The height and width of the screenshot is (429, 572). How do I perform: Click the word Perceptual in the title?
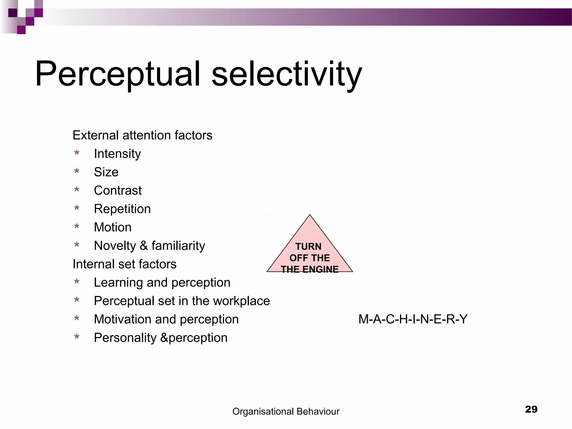pyautogui.click(x=117, y=74)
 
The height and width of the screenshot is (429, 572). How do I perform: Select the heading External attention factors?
pyautogui.click(x=142, y=135)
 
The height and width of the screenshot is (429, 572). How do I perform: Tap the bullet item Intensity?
pyautogui.click(x=117, y=154)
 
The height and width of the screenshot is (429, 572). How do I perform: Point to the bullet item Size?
pyautogui.click(x=106, y=172)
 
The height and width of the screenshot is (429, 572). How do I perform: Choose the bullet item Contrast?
pyautogui.click(x=118, y=190)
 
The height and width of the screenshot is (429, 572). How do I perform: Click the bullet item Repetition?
pyautogui.click(x=122, y=209)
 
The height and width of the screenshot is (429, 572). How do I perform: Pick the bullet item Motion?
pyautogui.click(x=113, y=227)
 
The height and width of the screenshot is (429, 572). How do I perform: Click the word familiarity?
pyautogui.click(x=178, y=246)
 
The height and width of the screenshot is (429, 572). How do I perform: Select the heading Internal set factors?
pyautogui.click(x=125, y=264)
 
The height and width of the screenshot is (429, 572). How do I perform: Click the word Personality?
pyautogui.click(x=125, y=338)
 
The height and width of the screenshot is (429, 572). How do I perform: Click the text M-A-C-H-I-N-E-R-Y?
pyautogui.click(x=413, y=319)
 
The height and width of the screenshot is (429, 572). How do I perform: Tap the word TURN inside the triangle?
pyautogui.click(x=308, y=247)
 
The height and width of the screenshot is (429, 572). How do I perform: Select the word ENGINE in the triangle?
pyautogui.click(x=320, y=269)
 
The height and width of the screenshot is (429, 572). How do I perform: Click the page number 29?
pyautogui.click(x=531, y=409)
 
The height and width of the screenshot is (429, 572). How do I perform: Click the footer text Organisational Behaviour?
pyautogui.click(x=286, y=411)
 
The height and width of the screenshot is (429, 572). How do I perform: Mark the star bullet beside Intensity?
pyautogui.click(x=77, y=152)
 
